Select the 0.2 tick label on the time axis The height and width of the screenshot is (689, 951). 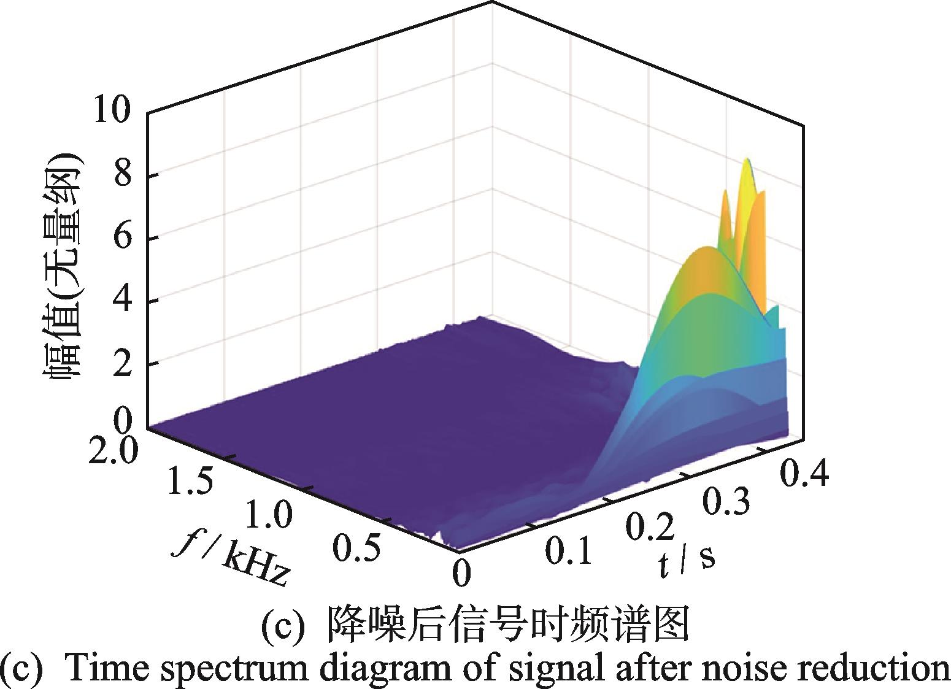(650, 526)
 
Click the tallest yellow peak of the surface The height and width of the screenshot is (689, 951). (747, 161)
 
